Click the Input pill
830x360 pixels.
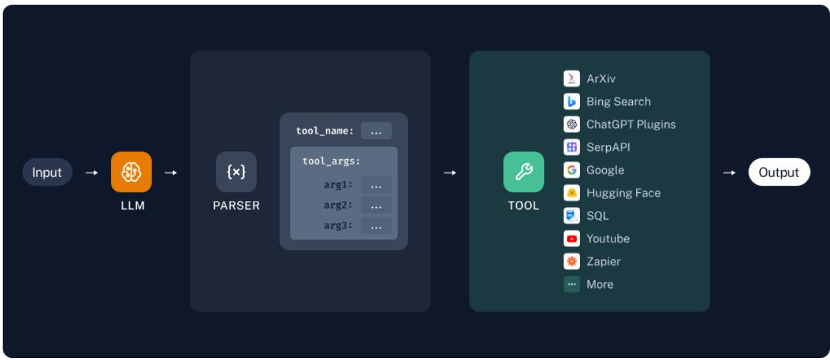(47, 172)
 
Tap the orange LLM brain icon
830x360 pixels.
(131, 172)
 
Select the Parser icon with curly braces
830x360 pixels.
(236, 172)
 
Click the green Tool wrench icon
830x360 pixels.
(523, 172)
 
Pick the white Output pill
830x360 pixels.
(779, 172)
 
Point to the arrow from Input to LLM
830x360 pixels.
(90, 173)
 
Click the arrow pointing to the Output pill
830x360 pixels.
(729, 173)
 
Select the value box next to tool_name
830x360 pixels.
(376, 131)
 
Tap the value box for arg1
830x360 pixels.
(376, 185)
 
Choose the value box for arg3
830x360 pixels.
(376, 226)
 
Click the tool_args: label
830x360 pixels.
(331, 161)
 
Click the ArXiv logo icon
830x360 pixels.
(571, 79)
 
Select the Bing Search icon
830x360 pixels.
(571, 102)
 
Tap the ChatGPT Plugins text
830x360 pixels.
(631, 124)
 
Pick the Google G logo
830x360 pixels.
(571, 170)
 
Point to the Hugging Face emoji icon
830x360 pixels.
(571, 193)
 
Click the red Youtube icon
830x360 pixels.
(571, 238)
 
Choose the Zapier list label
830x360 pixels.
(603, 261)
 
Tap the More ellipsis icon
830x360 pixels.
(571, 284)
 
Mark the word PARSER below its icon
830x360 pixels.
(236, 206)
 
